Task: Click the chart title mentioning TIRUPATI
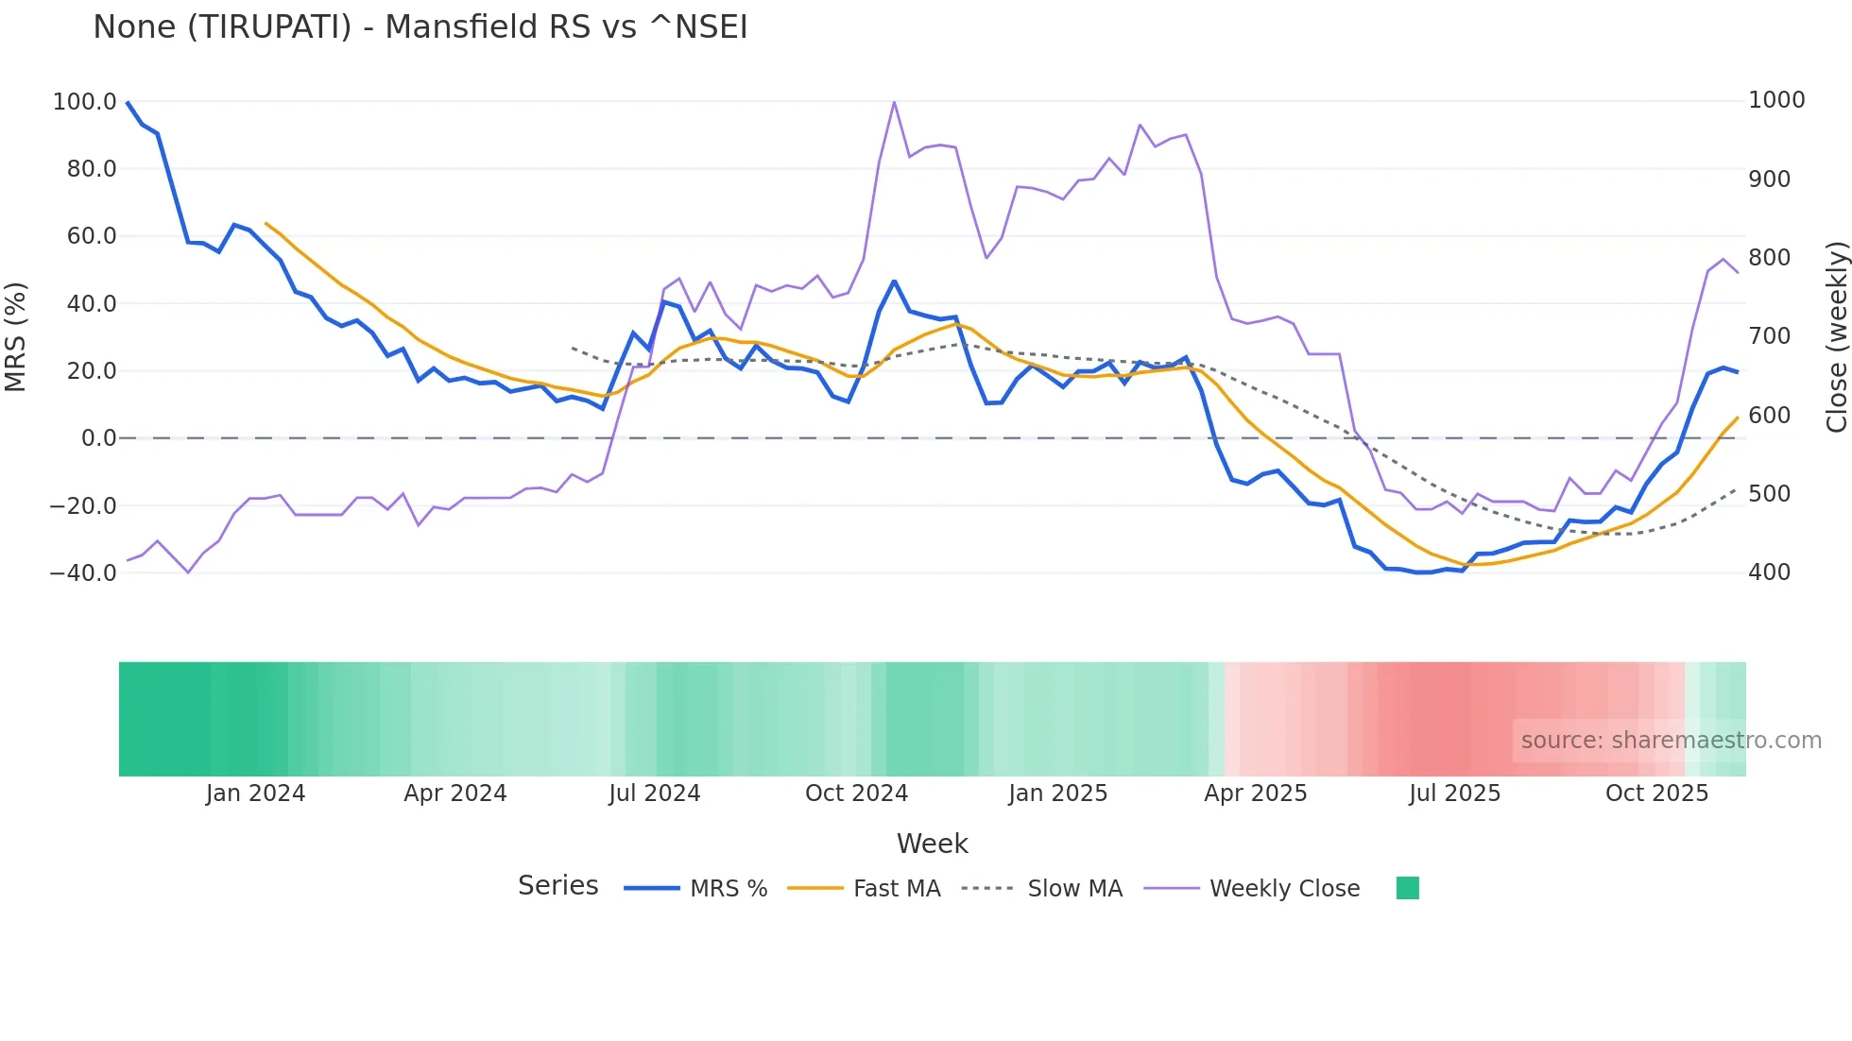point(420,27)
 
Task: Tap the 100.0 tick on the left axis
point(84,101)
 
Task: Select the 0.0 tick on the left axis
point(98,438)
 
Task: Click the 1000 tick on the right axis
point(1776,100)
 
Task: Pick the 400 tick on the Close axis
point(1769,572)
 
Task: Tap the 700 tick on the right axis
point(1769,336)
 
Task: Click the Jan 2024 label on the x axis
point(255,794)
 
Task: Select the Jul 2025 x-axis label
point(1454,794)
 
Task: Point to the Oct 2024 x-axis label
point(856,794)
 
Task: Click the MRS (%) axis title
point(16,336)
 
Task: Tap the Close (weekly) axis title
point(1836,336)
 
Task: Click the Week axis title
point(932,844)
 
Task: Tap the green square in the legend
point(1407,888)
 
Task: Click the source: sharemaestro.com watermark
point(1671,741)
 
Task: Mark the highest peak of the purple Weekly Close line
point(894,102)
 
